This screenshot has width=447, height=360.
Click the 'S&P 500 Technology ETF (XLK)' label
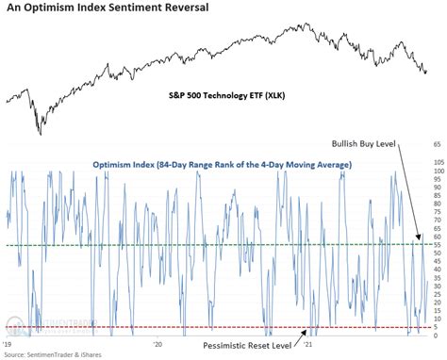215,95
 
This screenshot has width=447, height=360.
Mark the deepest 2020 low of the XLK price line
41,133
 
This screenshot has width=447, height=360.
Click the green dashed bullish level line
189,245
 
